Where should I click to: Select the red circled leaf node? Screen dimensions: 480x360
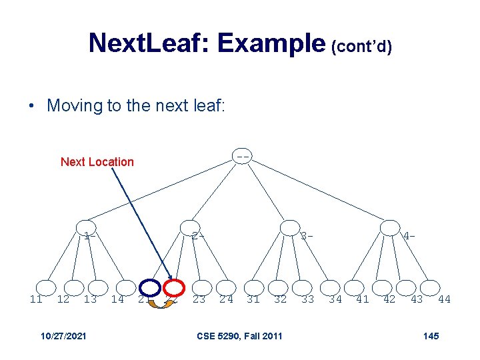coord(174,287)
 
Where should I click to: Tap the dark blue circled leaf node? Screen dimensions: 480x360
coord(151,287)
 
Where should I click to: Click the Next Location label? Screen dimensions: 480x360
coord(97,162)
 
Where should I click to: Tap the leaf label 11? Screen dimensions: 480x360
coord(36,299)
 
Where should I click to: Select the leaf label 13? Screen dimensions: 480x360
coord(90,299)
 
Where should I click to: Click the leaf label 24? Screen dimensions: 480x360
coord(227,299)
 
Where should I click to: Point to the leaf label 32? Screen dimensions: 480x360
coord(281,299)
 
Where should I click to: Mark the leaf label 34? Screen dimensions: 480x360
coord(335,299)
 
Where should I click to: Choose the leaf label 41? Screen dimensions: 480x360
coord(363,299)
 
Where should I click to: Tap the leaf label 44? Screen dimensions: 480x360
coord(444,299)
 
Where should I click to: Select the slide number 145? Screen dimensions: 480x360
coord(431,335)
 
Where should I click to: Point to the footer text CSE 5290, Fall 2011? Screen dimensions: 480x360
coord(239,335)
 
